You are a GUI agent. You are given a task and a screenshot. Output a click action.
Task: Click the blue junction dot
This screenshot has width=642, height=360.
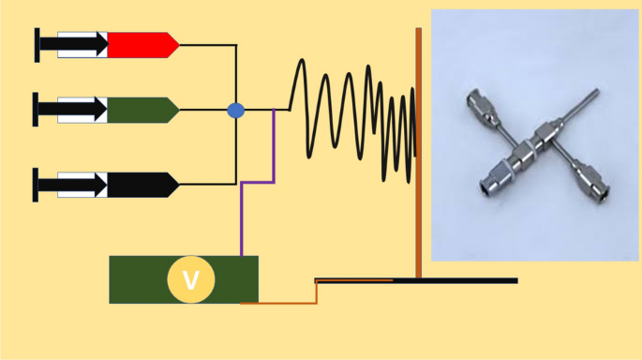point(235,111)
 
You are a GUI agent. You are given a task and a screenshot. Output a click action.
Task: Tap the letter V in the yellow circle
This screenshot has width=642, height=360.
point(190,280)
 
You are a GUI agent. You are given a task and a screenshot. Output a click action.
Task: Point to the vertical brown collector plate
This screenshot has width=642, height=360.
point(419,150)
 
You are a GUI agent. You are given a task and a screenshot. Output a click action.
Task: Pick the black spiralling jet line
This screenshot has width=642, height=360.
point(356,112)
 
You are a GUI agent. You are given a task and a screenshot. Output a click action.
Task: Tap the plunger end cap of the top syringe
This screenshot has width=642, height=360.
point(37,45)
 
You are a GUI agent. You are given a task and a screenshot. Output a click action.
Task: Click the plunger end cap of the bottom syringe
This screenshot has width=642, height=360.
point(37,185)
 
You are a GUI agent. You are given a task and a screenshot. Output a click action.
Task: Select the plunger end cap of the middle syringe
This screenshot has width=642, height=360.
point(37,110)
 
